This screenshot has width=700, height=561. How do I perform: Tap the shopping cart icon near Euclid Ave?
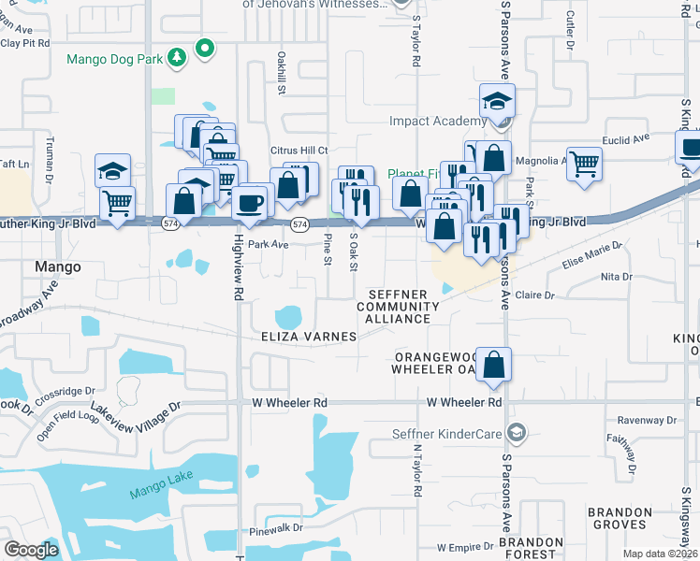pyautogui.click(x=584, y=163)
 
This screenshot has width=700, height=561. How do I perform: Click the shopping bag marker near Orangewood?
pyautogui.click(x=496, y=365)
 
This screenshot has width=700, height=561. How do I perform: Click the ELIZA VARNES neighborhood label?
pyautogui.click(x=310, y=336)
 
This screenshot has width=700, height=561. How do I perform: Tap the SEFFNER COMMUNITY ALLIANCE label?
pyautogui.click(x=398, y=307)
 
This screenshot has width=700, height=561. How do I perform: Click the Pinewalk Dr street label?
pyautogui.click(x=276, y=528)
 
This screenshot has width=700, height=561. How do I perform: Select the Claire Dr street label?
pyautogui.click(x=535, y=295)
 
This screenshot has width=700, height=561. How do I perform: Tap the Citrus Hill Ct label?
pyautogui.click(x=297, y=151)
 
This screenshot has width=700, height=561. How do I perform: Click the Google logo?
pyautogui.click(x=31, y=550)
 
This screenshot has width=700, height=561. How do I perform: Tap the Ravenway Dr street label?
pyautogui.click(x=635, y=420)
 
